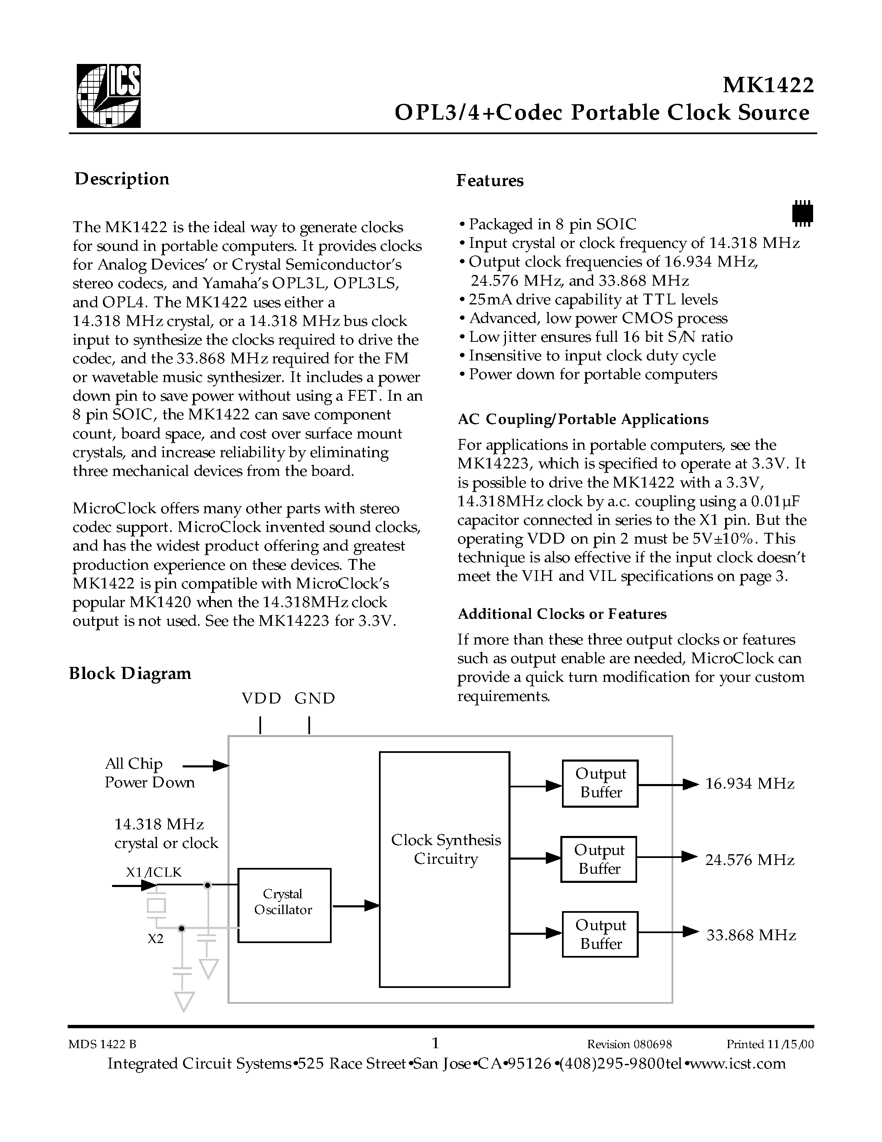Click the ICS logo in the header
tap(109, 96)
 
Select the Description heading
tap(122, 179)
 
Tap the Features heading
tap(490, 180)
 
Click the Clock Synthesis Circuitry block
tap(445, 869)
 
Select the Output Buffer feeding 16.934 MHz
tap(600, 783)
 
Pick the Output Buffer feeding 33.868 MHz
tap(600, 934)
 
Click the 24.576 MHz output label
tap(749, 860)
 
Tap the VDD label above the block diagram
tap(261, 698)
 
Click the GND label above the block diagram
tap(315, 698)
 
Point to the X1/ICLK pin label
tap(154, 872)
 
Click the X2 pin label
tap(155, 939)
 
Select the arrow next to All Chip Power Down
tap(206, 767)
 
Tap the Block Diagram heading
tap(130, 673)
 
